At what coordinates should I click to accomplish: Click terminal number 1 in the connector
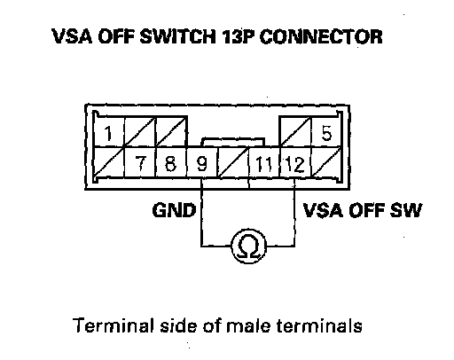tap(109, 132)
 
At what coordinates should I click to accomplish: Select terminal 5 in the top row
tap(326, 132)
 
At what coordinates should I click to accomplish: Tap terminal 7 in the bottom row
tap(141, 163)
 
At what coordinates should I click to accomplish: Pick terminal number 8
tap(171, 163)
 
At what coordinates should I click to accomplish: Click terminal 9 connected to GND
tap(202, 163)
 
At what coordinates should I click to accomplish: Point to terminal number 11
tap(263, 163)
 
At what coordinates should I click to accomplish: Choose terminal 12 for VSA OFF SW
tap(295, 163)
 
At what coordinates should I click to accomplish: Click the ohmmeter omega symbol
tap(248, 247)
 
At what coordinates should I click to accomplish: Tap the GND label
tap(174, 210)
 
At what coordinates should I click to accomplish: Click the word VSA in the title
tap(72, 36)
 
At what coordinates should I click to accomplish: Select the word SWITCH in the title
tap(177, 36)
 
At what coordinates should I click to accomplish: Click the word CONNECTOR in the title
tap(321, 36)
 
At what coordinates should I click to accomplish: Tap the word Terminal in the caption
tap(113, 325)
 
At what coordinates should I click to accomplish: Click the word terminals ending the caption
tap(319, 325)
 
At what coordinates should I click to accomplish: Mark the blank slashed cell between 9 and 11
tap(233, 163)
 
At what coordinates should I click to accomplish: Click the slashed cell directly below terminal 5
tap(326, 163)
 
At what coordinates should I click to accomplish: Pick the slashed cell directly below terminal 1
tap(109, 163)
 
